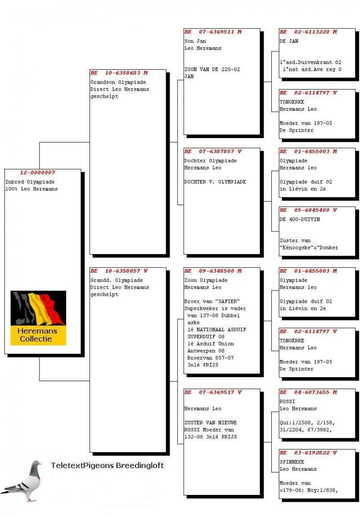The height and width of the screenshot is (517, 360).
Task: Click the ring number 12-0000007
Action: pos(37,173)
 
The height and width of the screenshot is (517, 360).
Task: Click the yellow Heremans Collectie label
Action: pos(38,335)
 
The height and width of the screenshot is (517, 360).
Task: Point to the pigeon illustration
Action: pos(22,481)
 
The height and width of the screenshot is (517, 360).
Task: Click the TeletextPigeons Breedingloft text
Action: pos(107,465)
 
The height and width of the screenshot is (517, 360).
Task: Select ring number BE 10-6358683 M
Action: pos(119,73)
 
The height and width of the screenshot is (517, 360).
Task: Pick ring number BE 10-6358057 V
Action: pos(119,271)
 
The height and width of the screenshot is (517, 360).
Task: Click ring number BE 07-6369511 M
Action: pos(213,32)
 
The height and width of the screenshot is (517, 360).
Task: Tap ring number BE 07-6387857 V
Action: pos(213,152)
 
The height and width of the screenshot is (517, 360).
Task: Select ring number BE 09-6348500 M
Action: pos(213,271)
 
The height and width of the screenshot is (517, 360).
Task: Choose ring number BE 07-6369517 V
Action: pos(213,392)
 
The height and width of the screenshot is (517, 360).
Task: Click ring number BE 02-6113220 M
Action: pos(308,32)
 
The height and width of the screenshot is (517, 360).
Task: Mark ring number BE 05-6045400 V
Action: pos(308,210)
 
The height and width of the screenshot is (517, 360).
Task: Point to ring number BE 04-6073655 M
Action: pos(308,392)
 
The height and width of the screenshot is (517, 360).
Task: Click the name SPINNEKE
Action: pos(292,462)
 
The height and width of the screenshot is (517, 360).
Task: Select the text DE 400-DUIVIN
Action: pos(299,219)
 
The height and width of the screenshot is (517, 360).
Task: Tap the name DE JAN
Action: pos(289,41)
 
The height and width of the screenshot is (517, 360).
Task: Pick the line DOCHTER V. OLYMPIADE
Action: pos(215,182)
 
